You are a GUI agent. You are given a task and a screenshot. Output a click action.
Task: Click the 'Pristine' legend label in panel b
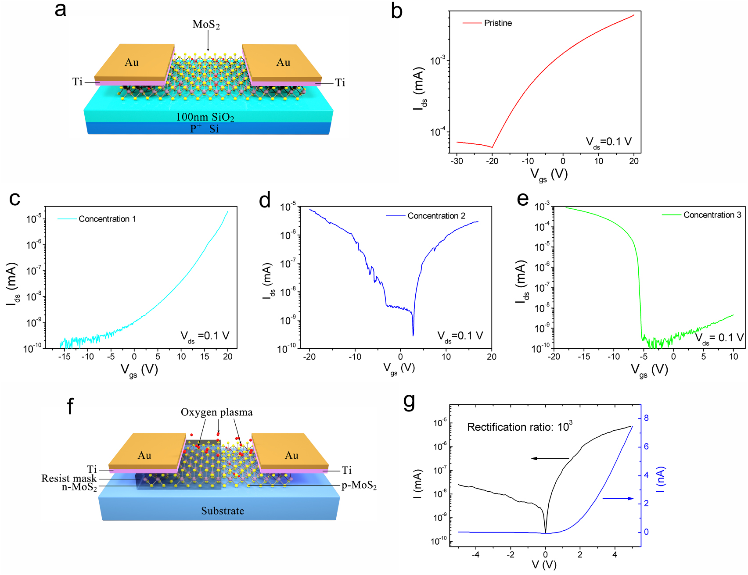pos(498,23)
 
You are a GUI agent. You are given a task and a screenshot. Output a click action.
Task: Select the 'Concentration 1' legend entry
pos(107,219)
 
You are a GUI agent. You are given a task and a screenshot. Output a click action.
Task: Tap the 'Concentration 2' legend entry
pos(436,216)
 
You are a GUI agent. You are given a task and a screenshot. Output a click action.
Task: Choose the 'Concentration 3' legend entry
pos(712,215)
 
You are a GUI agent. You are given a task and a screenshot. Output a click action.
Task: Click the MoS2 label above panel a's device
pos(206,25)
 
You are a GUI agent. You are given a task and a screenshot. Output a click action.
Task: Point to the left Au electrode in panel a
pos(132,62)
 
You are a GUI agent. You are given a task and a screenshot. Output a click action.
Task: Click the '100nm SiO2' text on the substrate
pos(205,117)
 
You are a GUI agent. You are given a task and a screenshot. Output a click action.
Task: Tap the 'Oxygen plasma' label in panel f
pos(216,412)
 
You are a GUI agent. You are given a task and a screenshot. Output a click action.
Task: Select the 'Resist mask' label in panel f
pos(69,479)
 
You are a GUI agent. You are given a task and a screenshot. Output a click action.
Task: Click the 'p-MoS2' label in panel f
pos(359,486)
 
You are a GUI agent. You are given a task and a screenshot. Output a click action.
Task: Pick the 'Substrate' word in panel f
pos(223,511)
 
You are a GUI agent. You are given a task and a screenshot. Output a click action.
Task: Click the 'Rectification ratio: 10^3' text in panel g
pos(519,427)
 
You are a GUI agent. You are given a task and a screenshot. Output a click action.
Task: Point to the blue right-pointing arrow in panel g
pos(618,498)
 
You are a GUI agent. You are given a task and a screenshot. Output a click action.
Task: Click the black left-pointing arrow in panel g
pos(550,458)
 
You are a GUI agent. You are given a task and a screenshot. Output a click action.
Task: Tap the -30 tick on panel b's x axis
pos(457,161)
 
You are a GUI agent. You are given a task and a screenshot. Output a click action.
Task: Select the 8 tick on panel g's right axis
pos(646,418)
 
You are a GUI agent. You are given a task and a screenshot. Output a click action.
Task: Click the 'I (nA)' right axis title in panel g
pos(660,479)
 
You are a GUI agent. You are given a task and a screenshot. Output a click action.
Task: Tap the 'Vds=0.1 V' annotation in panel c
pos(205,336)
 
